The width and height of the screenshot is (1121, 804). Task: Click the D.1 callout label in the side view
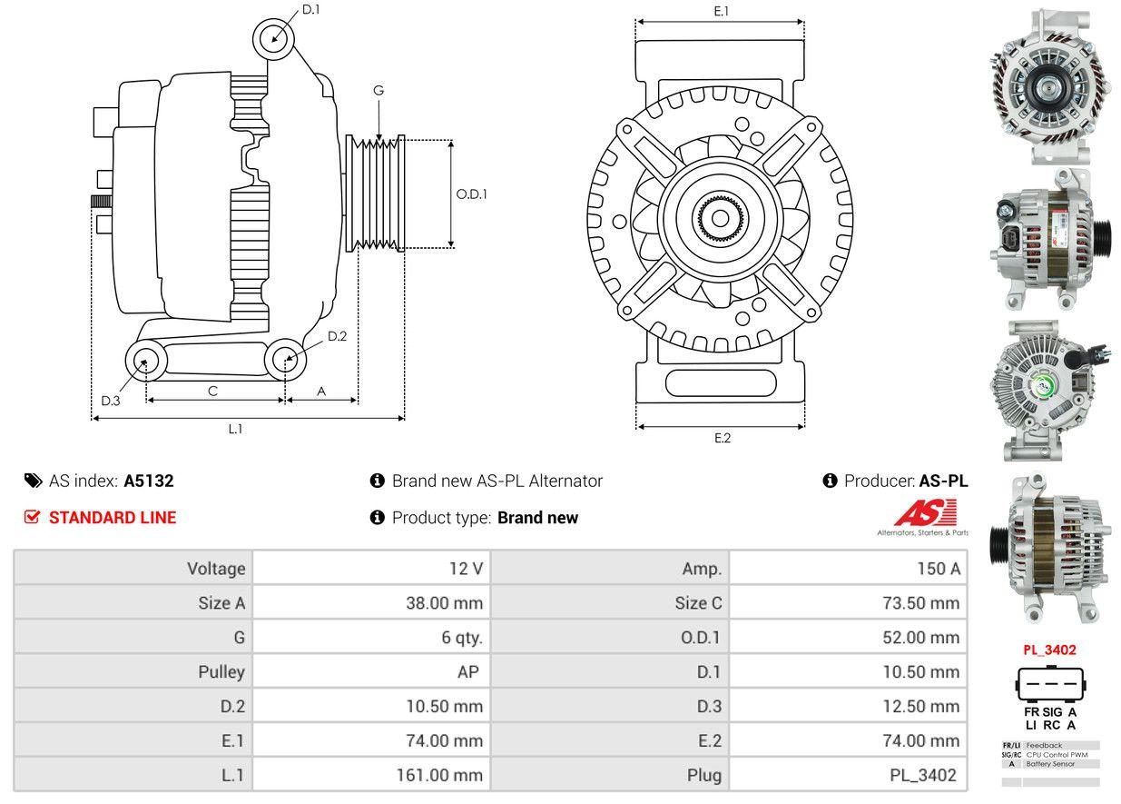coord(310,9)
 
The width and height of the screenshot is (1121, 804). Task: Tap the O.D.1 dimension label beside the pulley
coord(471,194)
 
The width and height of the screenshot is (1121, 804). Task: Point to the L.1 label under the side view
coord(235,429)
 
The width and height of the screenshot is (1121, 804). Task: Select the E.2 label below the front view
coord(722,438)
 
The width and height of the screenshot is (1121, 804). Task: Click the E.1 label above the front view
coord(722,11)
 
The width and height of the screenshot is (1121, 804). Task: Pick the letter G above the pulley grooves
coord(379,90)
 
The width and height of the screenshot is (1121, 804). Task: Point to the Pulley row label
coord(221,672)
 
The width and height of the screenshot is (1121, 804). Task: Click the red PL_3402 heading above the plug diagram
coord(1049,650)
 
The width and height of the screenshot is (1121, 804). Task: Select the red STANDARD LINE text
coord(112,518)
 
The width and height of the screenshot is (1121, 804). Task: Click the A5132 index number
coord(149,481)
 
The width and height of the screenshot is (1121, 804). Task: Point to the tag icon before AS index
coord(33,481)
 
